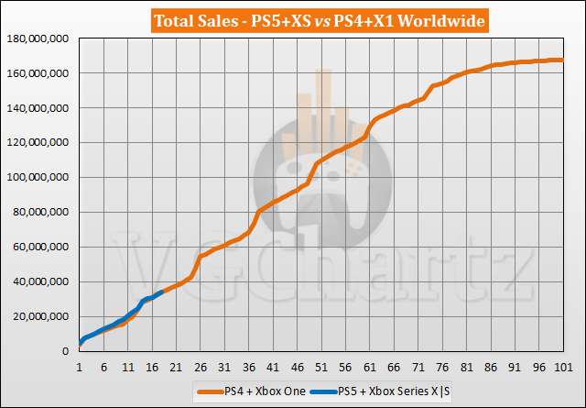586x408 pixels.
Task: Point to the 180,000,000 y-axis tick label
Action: pyautogui.click(x=40, y=39)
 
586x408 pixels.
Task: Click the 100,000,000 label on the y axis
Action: pyautogui.click(x=40, y=178)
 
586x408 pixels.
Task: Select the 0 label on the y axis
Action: pyautogui.click(x=68, y=352)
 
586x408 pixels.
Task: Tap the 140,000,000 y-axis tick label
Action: pyautogui.click(x=40, y=108)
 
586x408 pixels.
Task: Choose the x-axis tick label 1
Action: pyautogui.click(x=80, y=368)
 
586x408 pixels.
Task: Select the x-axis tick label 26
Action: pyautogui.click(x=201, y=368)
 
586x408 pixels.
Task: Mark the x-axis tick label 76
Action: pyautogui.click(x=442, y=368)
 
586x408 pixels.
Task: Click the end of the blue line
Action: pyautogui.click(x=162, y=292)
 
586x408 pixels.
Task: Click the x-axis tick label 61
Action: pyautogui.click(x=370, y=368)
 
